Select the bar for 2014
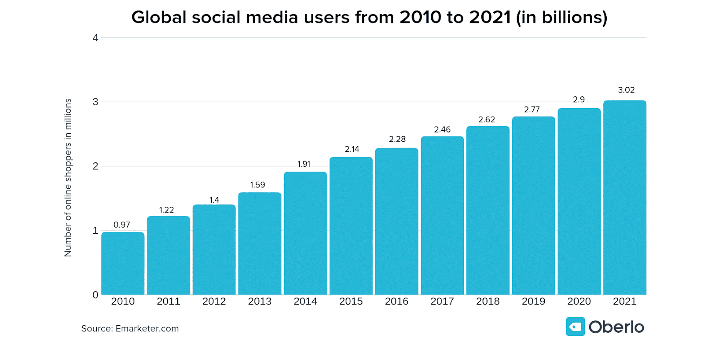coord(305,233)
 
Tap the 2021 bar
coord(625,198)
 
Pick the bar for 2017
coord(442,216)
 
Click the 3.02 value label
coord(626,90)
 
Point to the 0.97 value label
coord(122,225)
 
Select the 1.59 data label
coord(257,185)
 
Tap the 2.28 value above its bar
coord(397,139)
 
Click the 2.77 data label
coord(532,110)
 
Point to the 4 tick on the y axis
coord(95,38)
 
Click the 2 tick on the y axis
coord(95,166)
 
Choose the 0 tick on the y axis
coord(95,295)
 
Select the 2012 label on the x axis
coord(214,301)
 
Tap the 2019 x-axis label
coord(533,301)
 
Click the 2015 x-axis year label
coord(351,301)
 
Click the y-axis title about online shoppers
coord(68,177)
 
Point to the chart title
coord(369,18)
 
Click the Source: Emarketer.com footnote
coord(130,329)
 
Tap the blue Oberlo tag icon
coord(575,327)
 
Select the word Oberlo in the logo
coord(616,327)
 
